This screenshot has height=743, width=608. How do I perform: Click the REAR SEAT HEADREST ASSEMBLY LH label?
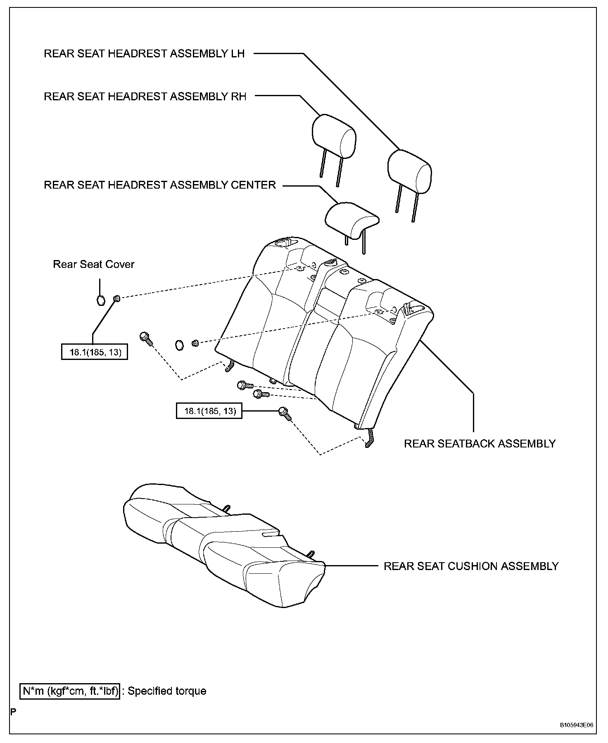(x=144, y=54)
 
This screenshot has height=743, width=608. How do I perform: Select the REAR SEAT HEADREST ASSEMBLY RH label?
(x=145, y=97)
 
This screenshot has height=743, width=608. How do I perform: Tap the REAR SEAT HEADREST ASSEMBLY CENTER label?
(x=159, y=185)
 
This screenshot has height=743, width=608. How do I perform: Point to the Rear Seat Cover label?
(x=94, y=264)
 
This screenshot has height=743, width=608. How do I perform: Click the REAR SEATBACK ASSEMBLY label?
(x=480, y=443)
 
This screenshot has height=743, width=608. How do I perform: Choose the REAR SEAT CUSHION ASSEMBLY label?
(x=471, y=566)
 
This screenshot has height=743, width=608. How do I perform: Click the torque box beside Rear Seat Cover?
(x=94, y=352)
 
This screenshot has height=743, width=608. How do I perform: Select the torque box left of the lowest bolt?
(x=209, y=411)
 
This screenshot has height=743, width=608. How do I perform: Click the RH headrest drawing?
(x=334, y=136)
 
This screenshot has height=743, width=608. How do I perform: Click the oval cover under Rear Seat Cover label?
(x=100, y=301)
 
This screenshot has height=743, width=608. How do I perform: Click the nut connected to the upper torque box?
(x=116, y=298)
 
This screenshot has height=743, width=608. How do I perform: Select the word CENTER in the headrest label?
(x=254, y=185)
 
